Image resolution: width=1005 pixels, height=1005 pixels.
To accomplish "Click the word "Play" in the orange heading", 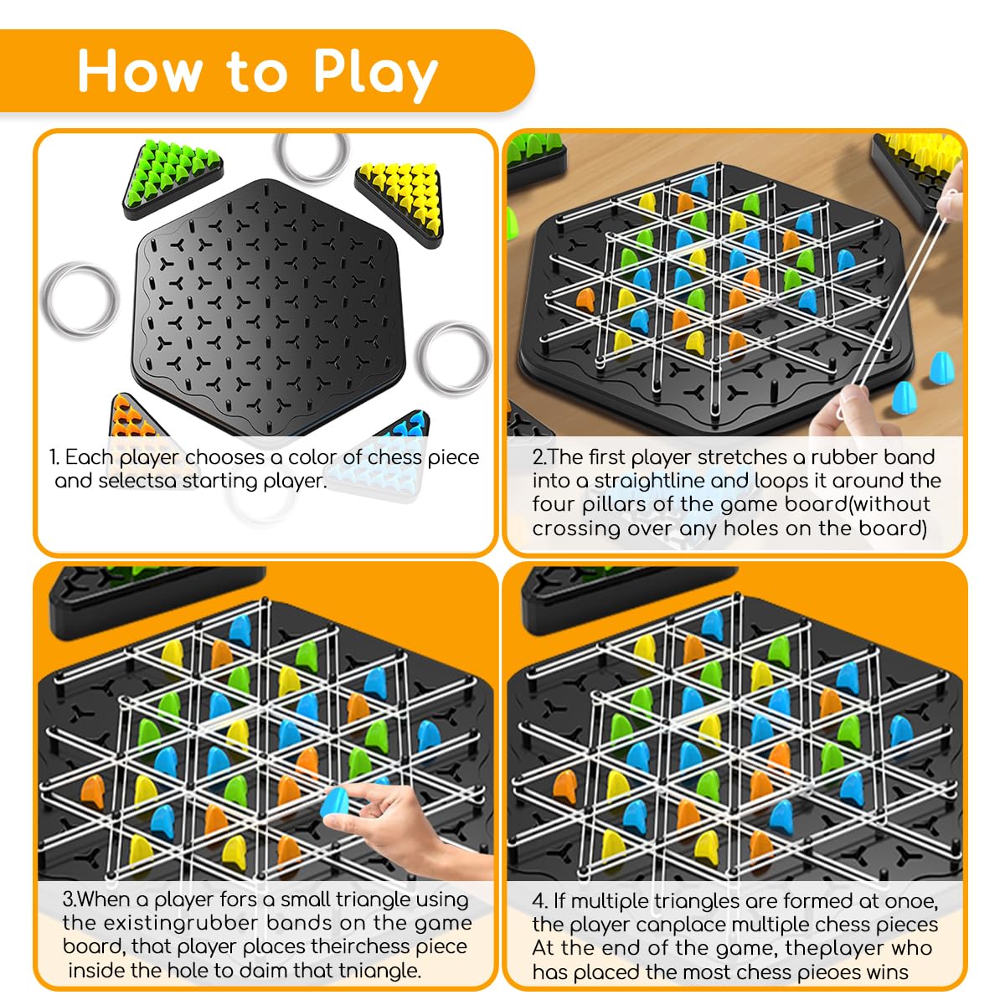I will (374, 73).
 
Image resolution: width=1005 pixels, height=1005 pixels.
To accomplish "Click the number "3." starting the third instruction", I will (70, 900).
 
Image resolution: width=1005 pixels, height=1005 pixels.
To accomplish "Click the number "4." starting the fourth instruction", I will (540, 901).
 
